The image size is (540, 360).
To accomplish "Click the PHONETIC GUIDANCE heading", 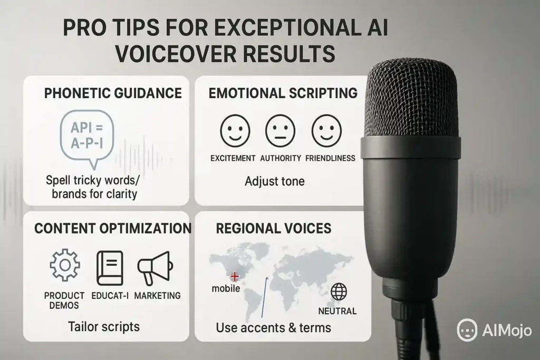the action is click(113, 93).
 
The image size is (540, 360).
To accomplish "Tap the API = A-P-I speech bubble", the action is click(87, 137).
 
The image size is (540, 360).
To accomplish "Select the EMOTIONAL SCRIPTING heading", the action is click(283, 93).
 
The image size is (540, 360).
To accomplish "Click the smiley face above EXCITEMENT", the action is click(235, 131).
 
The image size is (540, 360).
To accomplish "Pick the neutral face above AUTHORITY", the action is click(281, 131).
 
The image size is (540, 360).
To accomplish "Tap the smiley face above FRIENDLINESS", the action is click(326, 131).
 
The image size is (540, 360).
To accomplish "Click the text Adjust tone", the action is click(274, 181).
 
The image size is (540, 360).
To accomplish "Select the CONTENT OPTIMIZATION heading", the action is click(113, 229).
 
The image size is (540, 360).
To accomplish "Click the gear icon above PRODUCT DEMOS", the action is click(65, 265).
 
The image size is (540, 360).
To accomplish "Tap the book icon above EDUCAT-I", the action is click(110, 268).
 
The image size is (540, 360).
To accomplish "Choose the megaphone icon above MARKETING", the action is click(156, 268).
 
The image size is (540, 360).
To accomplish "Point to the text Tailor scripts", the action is click(104, 326).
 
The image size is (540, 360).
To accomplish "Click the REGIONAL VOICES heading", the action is click(274, 229).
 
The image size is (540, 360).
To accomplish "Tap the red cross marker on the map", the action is click(235, 276).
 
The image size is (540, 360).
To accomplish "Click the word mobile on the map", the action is click(226, 288).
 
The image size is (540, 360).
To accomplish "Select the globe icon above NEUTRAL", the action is click(339, 292).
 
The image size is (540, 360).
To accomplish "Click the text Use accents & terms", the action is click(274, 328).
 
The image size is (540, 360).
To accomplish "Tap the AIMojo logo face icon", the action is click(467, 330).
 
